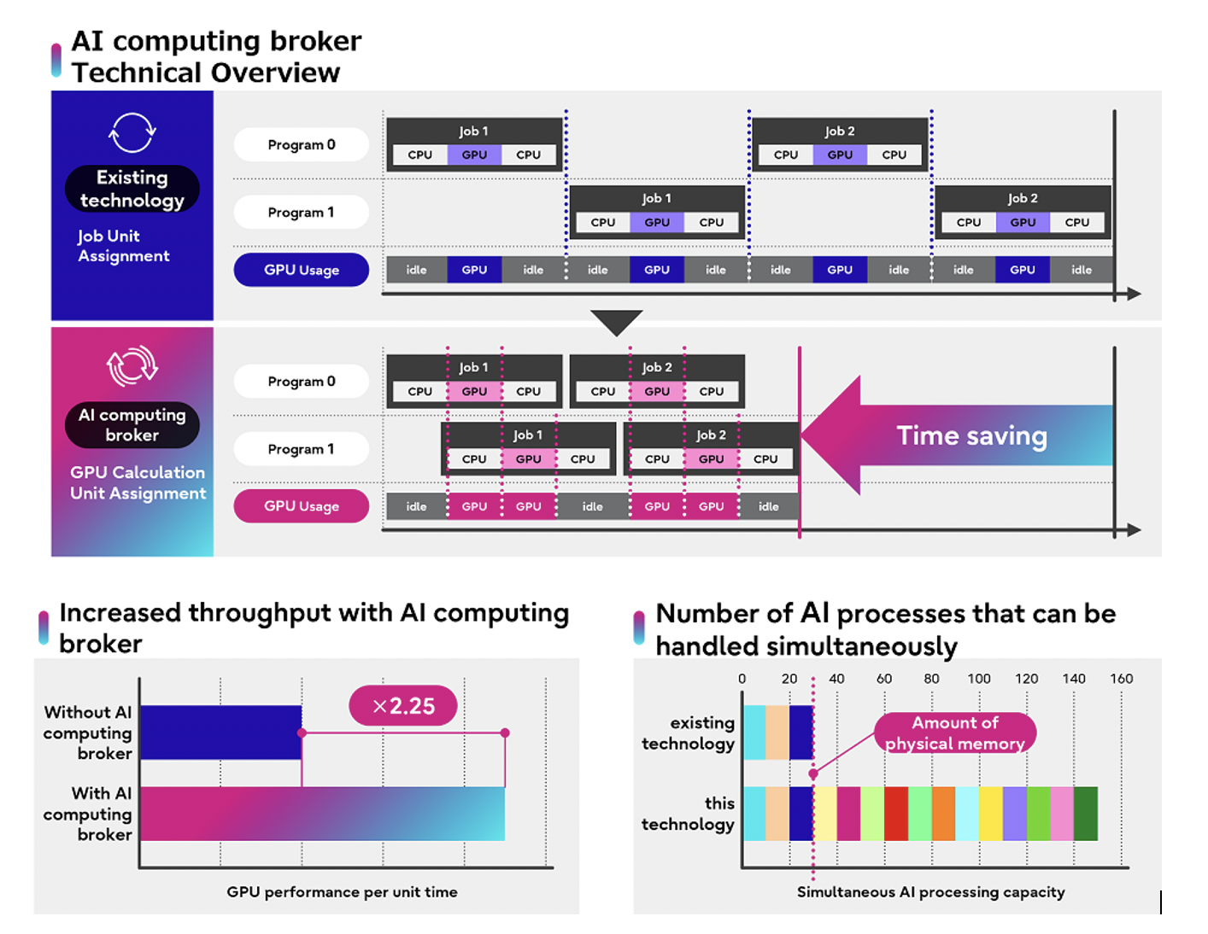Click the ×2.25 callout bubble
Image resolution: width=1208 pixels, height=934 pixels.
[x=403, y=706]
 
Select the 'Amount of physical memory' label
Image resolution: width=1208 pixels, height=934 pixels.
[x=955, y=733]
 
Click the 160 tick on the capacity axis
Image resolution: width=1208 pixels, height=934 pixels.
[x=1121, y=679]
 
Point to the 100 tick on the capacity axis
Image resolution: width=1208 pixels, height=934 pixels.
[x=979, y=679]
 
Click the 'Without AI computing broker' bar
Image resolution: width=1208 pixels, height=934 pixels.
[x=220, y=733]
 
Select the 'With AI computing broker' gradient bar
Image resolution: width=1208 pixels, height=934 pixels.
[x=322, y=814]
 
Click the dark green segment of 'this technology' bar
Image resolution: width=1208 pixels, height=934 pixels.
[x=1085, y=814]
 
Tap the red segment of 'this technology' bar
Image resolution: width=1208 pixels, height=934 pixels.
[x=895, y=814]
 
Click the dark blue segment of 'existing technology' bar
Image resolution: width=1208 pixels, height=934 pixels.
[x=800, y=733]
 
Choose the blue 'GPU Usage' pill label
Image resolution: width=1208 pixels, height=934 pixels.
[x=302, y=270]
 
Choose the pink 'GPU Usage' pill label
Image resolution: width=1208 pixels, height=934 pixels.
[x=302, y=506]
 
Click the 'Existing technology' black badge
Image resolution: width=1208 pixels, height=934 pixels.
[x=132, y=189]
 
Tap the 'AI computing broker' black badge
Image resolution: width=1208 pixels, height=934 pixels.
[x=132, y=425]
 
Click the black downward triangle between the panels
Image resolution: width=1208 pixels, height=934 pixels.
[x=616, y=321]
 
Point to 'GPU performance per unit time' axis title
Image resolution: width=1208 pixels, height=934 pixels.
[x=342, y=892]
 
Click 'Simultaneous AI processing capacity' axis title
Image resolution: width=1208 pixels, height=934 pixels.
[x=930, y=892]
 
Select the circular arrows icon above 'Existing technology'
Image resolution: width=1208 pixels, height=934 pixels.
[x=132, y=133]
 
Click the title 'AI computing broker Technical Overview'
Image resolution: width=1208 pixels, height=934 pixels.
[x=216, y=56]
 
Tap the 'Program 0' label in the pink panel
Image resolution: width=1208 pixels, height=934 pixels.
[x=302, y=382]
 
